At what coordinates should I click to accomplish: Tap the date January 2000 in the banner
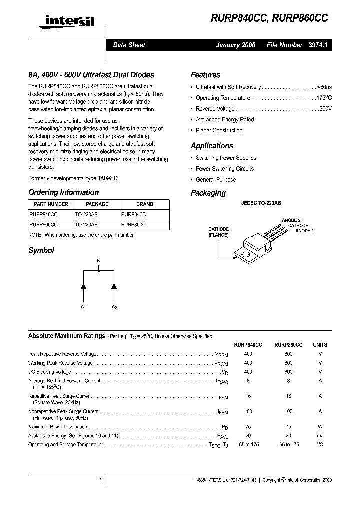235,45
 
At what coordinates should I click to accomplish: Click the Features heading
205,75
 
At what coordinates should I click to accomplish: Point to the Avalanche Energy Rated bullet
225,120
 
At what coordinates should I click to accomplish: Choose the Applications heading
212,146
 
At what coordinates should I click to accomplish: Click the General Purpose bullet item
216,180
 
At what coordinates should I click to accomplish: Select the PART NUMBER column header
51,204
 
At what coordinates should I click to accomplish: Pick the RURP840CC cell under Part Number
44,214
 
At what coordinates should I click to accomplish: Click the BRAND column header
145,204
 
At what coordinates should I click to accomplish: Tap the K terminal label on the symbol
98,260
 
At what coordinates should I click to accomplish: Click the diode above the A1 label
83,286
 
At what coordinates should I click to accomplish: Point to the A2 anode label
114,307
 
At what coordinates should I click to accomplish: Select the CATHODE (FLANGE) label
219,232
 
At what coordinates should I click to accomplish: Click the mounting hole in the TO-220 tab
245,257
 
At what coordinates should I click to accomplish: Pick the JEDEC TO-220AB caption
261,204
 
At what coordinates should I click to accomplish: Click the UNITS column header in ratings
320,345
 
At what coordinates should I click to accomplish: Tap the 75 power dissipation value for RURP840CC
248,427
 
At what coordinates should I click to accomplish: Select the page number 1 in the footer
100,480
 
